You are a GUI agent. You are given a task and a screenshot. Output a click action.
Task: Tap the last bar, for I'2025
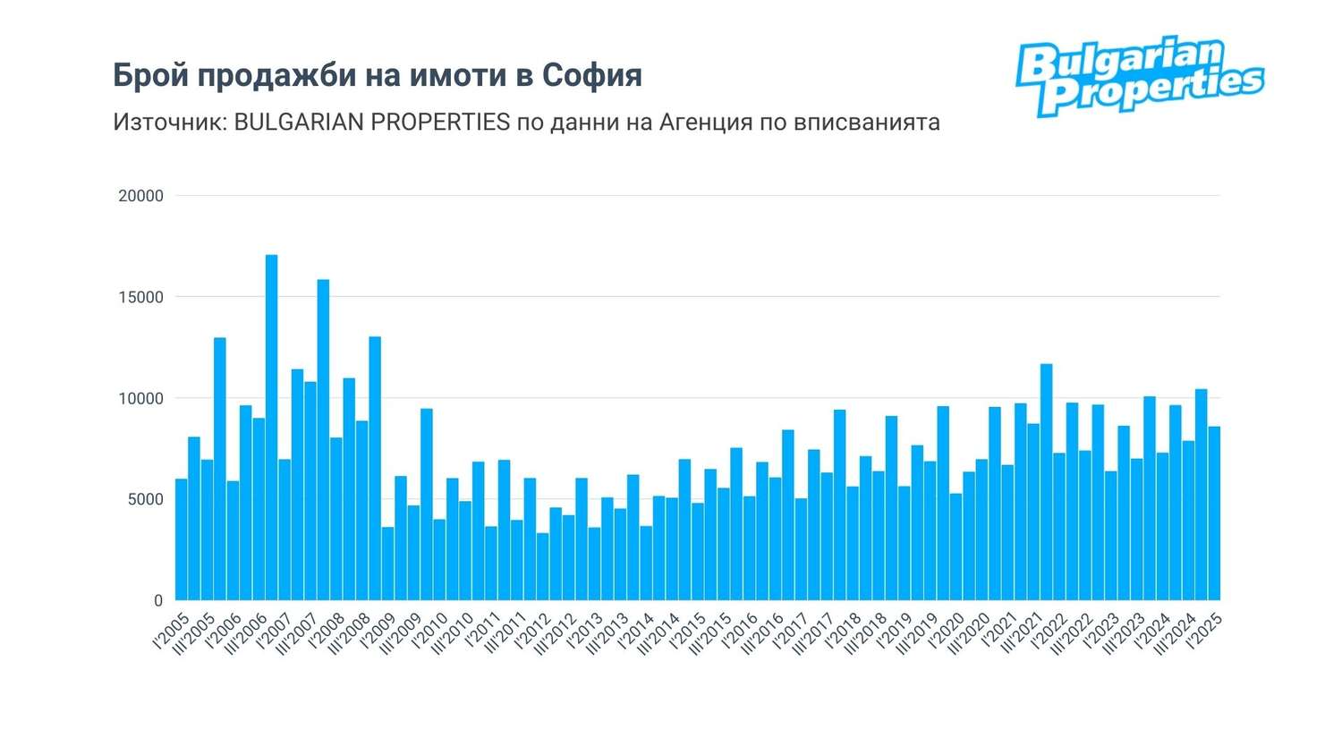(x=1214, y=513)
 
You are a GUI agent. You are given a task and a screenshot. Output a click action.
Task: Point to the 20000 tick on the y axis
(x=141, y=196)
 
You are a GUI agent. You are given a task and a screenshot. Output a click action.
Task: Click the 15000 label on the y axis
(x=141, y=297)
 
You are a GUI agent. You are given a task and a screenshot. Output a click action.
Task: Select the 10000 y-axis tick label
(x=141, y=398)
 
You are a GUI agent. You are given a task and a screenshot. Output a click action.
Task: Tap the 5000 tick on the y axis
(x=145, y=499)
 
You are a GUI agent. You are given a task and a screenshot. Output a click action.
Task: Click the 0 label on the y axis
(x=158, y=600)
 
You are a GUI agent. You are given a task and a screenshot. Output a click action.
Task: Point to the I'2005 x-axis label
(x=170, y=631)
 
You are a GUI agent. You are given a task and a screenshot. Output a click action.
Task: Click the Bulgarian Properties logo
(x=1139, y=77)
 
